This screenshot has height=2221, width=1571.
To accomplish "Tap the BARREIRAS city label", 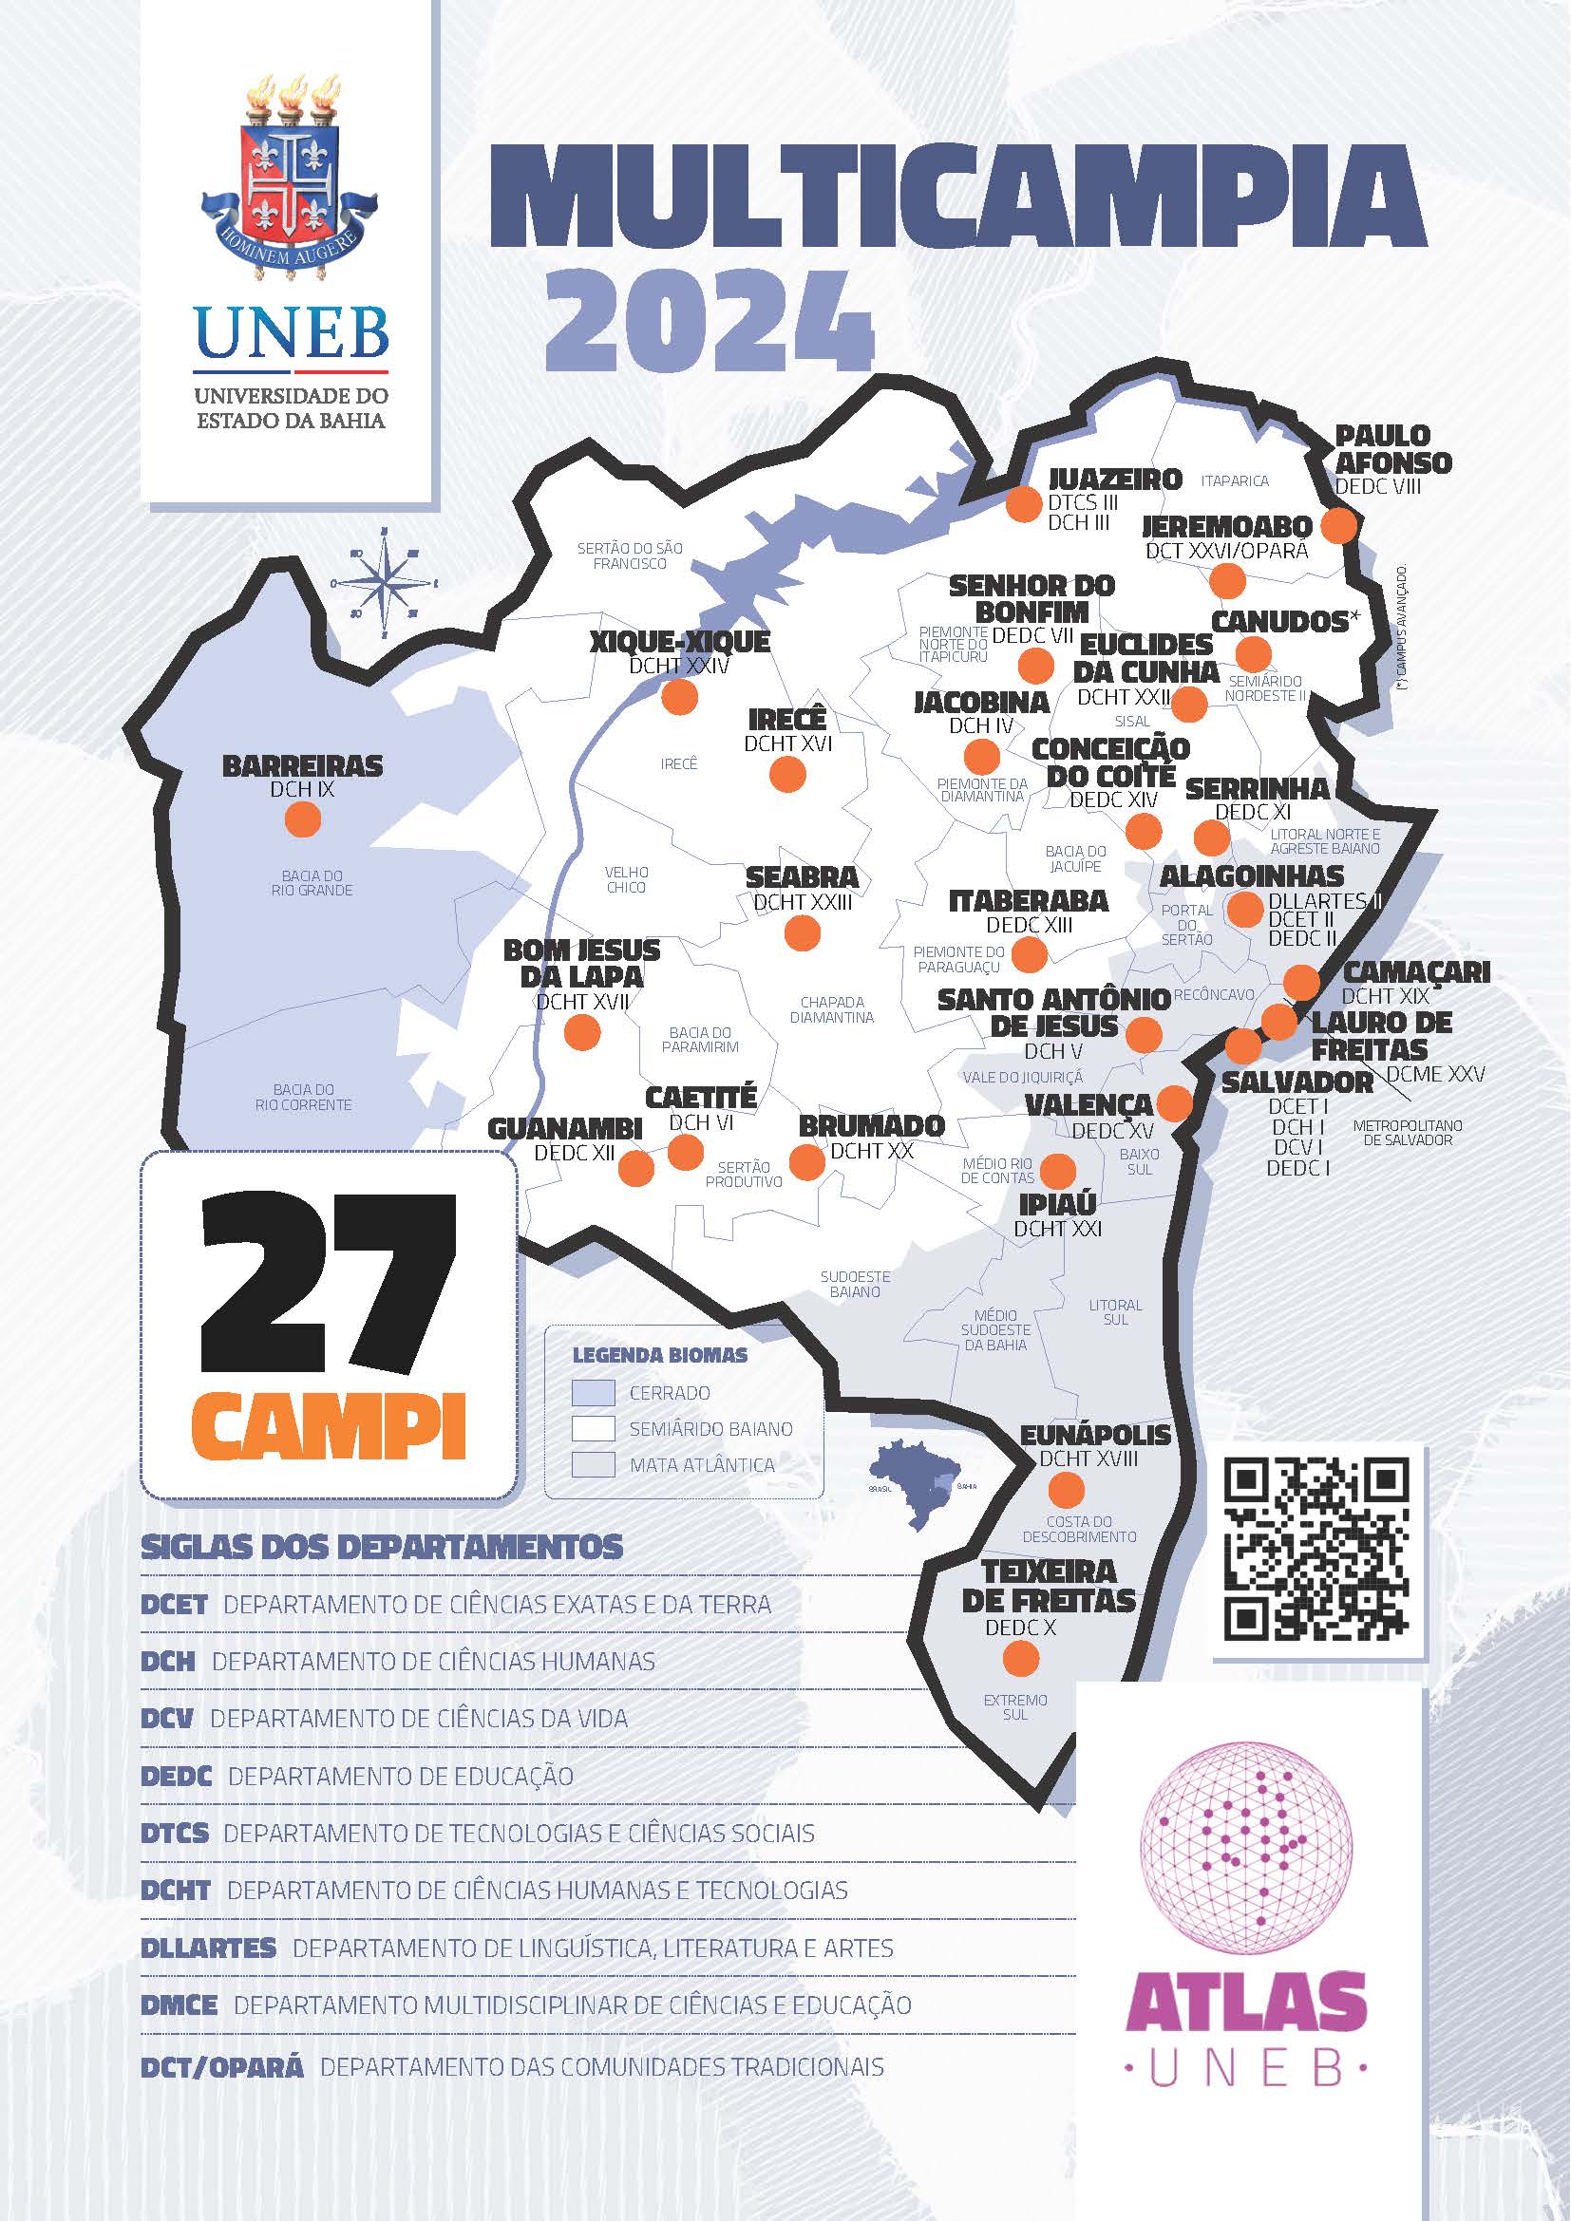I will point(303,766).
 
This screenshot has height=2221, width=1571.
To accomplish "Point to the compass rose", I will point(385,583).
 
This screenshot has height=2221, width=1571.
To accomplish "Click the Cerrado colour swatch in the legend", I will point(593,1393).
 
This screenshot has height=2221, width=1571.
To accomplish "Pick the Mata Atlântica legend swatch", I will point(593,1464).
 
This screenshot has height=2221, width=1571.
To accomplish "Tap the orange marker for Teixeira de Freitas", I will point(1020,1660).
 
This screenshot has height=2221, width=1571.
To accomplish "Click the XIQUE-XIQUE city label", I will point(680,641).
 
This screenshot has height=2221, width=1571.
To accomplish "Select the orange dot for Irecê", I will point(787,774).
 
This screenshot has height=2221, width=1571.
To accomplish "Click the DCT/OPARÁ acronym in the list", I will point(221,2067).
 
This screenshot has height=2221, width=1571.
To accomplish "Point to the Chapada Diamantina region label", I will point(831,1010).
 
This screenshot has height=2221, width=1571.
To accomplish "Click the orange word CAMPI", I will point(328,1426).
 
